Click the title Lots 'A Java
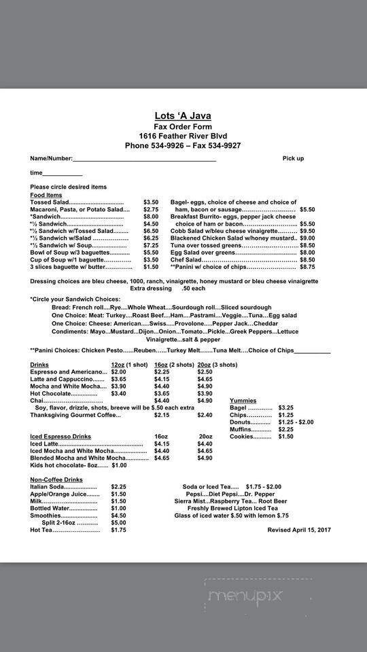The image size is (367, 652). click(x=183, y=115)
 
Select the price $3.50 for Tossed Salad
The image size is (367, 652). click(x=151, y=202)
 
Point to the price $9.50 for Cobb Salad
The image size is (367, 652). click(x=307, y=231)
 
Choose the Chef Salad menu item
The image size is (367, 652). click(x=186, y=259)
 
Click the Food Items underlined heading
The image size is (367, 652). click(x=46, y=195)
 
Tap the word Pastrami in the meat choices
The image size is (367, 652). click(x=204, y=316)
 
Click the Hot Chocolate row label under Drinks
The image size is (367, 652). click(x=54, y=393)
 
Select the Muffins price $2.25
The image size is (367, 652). click(x=286, y=429)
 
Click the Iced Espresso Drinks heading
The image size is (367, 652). click(x=60, y=436)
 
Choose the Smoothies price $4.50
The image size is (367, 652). click(x=119, y=515)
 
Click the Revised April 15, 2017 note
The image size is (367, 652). click(x=299, y=530)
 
